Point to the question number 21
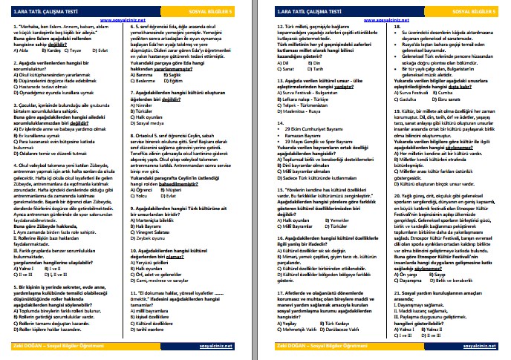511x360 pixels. pyautogui.click(x=392, y=293)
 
